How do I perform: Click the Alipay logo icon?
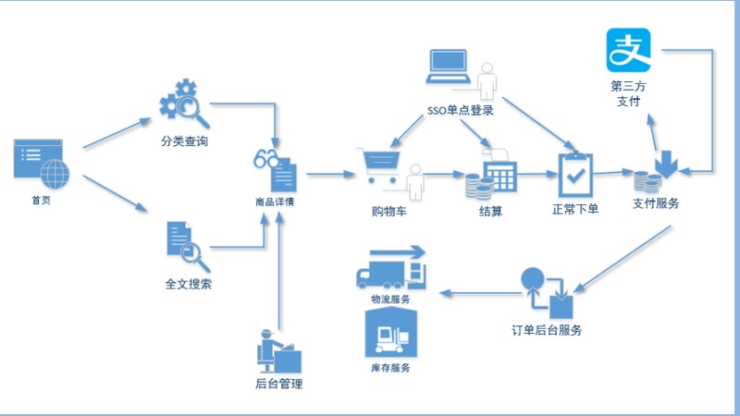pyautogui.click(x=628, y=50)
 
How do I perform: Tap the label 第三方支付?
pyautogui.click(x=628, y=93)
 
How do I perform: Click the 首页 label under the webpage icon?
pyautogui.click(x=41, y=201)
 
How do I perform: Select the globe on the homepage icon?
pyautogui.click(x=55, y=174)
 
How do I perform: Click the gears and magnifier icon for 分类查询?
pyautogui.click(x=184, y=104)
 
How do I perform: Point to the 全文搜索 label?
pyautogui.click(x=189, y=284)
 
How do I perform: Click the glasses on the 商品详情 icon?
pyautogui.click(x=265, y=158)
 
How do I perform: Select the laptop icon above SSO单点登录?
pyautogui.click(x=448, y=67)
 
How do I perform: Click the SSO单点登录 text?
pyautogui.click(x=461, y=110)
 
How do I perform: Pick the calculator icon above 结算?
pyautogui.click(x=500, y=174)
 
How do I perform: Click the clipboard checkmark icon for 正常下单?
pyautogui.click(x=575, y=175)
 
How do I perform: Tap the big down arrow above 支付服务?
pyautogui.click(x=666, y=165)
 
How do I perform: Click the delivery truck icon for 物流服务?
pyautogui.click(x=391, y=267)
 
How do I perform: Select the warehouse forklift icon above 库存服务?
pyautogui.click(x=390, y=332)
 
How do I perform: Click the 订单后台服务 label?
pyautogui.click(x=547, y=330)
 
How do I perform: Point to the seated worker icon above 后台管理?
pyautogui.click(x=279, y=351)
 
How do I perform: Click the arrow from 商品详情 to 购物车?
pyautogui.click(x=330, y=174)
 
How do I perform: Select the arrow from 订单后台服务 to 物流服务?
pyautogui.click(x=480, y=293)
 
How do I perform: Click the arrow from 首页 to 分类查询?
pyautogui.click(x=117, y=133)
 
